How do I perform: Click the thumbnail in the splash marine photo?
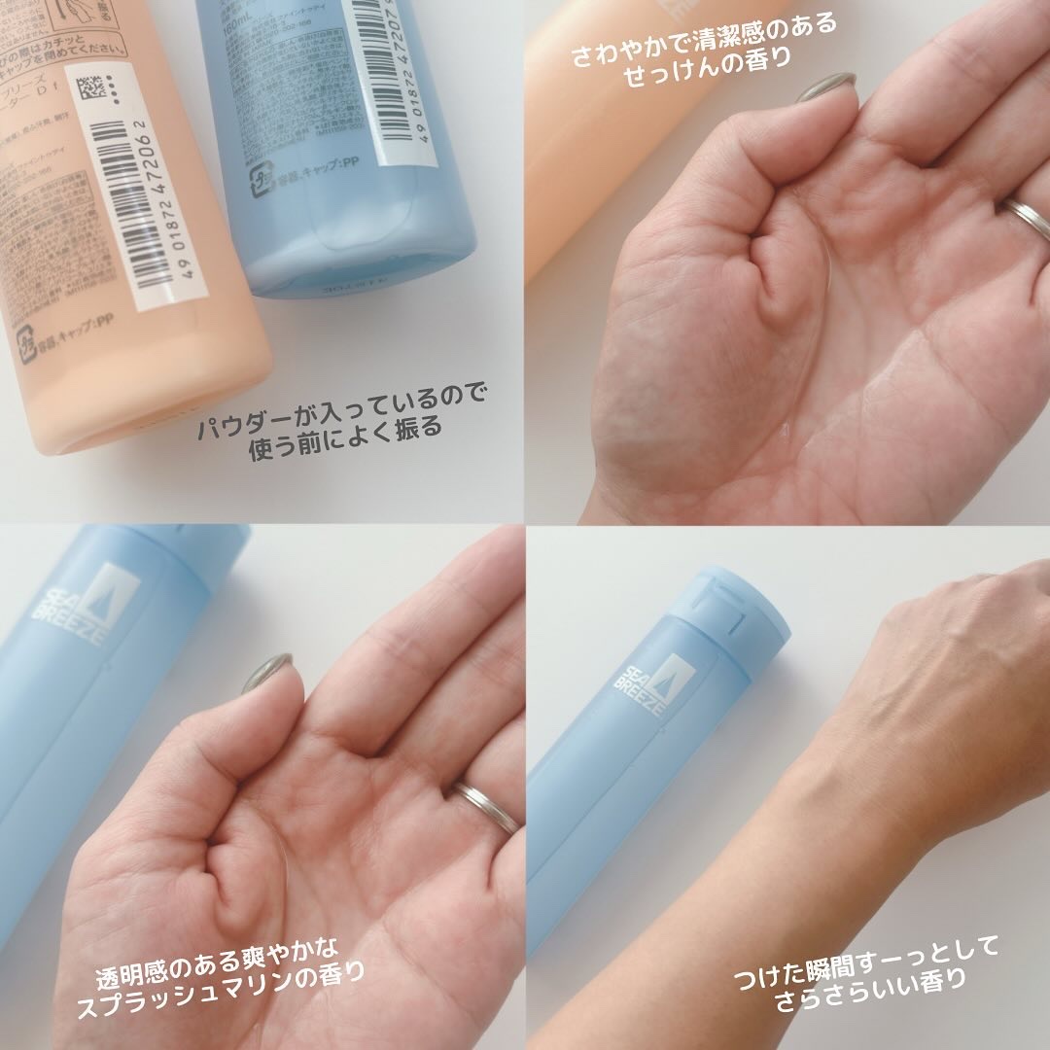click(x=266, y=672)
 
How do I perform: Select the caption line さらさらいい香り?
click(x=869, y=976)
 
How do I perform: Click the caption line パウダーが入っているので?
click(x=341, y=397)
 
